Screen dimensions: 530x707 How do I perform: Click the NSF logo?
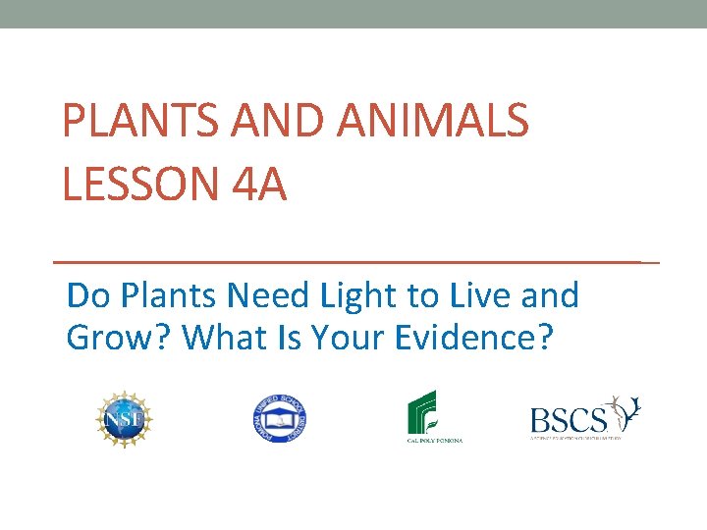coord(125,419)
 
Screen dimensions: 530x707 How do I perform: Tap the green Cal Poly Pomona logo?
coord(432,412)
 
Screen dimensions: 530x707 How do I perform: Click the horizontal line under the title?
coord(353,263)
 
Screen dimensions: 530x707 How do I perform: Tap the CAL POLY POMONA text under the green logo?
coord(435,442)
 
